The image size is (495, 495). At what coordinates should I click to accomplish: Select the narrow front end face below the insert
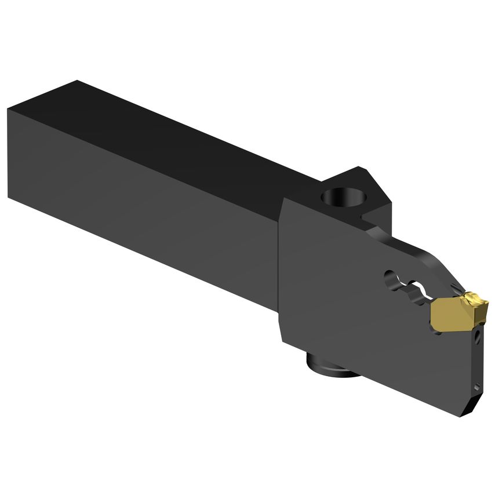476,359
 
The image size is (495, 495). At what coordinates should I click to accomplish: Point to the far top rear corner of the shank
77,81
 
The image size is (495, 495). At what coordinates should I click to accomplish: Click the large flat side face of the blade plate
359,325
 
